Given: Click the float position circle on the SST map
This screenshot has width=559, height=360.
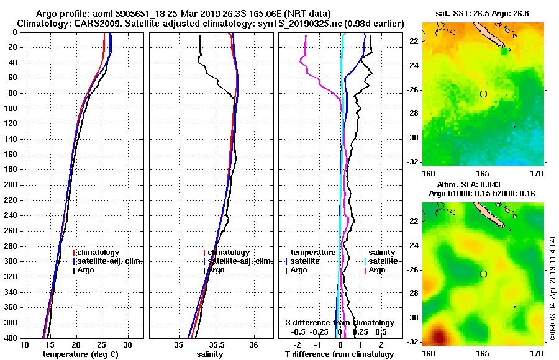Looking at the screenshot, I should click(483, 94).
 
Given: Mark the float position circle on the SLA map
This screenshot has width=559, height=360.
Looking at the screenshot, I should click(483, 274).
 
